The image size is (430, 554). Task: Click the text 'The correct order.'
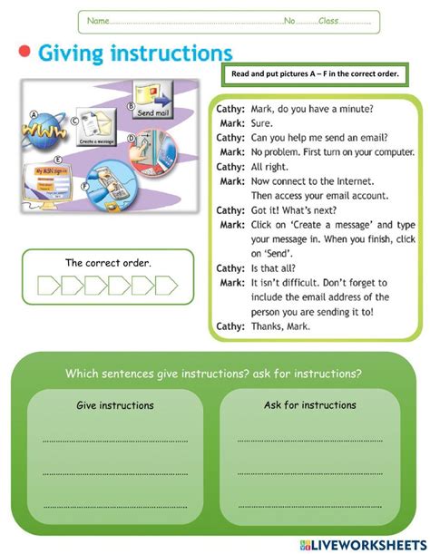coord(108,263)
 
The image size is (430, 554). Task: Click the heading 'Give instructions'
coord(115,405)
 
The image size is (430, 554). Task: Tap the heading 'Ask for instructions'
coord(310,405)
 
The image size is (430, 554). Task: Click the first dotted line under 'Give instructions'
coord(115,441)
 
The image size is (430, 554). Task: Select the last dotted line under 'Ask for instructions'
coord(310,505)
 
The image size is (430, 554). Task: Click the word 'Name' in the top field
coord(98,21)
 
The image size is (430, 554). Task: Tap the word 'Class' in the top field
coord(328,21)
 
